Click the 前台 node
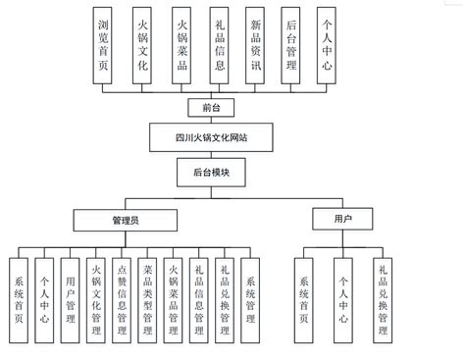205,106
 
